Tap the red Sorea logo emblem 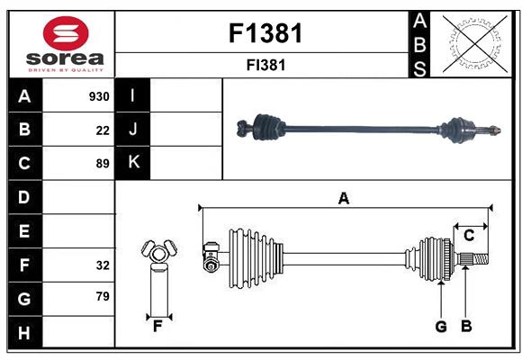click(x=65, y=33)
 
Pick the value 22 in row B click(x=103, y=130)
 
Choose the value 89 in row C click(x=103, y=164)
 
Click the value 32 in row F click(x=103, y=265)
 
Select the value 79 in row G click(x=103, y=296)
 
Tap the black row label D click(x=24, y=197)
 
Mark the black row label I click(x=133, y=96)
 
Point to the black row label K click(x=133, y=163)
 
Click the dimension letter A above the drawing click(x=343, y=198)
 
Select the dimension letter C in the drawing click(x=469, y=236)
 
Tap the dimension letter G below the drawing click(x=441, y=327)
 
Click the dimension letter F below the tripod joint click(x=157, y=327)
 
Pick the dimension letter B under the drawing click(x=465, y=327)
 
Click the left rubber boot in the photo click(x=265, y=129)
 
